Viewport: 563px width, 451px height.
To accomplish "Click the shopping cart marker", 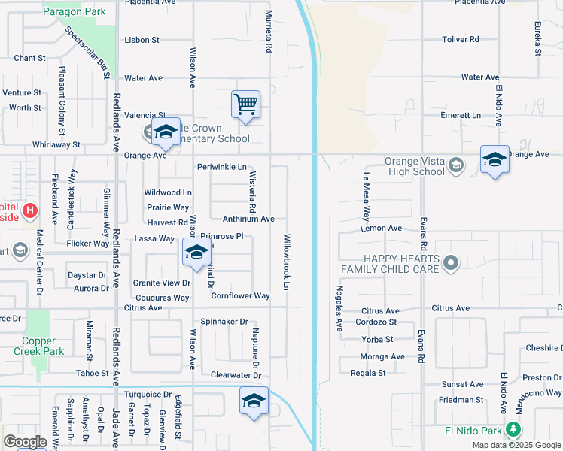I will click(245, 104).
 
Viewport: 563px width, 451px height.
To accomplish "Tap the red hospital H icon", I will click(30, 210).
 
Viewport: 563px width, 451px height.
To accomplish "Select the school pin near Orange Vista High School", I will click(495, 159).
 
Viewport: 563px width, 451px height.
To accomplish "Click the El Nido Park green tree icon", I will click(513, 429).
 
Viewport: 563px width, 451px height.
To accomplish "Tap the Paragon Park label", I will click(74, 11).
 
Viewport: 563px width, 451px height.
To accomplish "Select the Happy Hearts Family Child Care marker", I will click(451, 262).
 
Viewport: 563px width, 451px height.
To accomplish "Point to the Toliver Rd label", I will click(461, 39).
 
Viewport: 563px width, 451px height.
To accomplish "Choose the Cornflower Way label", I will click(240, 296).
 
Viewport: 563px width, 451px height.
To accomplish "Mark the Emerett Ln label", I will click(461, 115).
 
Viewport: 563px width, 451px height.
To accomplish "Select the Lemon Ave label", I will click(382, 228).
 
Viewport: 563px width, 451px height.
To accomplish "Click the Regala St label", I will click(368, 372).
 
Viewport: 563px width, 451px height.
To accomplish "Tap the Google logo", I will click(25, 441).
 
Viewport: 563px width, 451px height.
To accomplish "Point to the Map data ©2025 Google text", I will click(516, 445).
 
